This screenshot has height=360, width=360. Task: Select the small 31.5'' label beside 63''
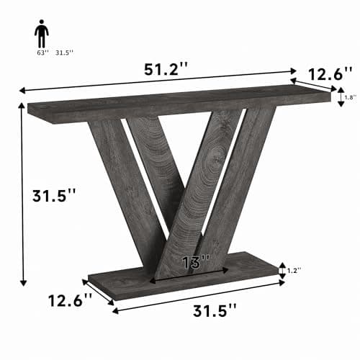point(64,52)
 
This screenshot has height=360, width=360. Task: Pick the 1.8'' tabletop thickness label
point(351,96)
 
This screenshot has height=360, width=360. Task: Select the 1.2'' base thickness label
point(294,270)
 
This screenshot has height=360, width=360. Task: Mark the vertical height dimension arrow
point(23,194)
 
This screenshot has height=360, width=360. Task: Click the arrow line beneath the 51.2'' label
point(158,80)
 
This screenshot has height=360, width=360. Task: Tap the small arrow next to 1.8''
point(341,96)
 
